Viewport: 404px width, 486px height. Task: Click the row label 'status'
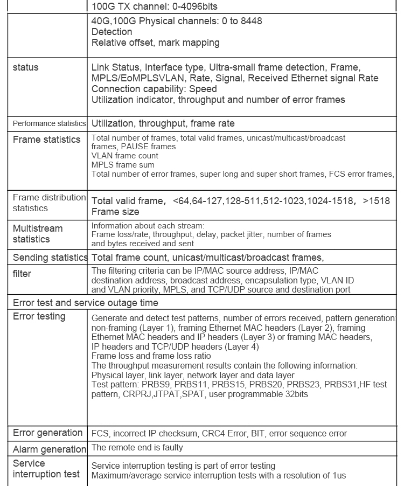pyautogui.click(x=25, y=68)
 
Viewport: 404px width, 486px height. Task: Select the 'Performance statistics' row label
pyautogui.click(x=49, y=123)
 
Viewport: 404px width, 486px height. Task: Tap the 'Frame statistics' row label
pyautogui.click(x=46, y=140)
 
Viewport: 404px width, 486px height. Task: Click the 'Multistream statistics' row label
pyautogui.click(x=38, y=234)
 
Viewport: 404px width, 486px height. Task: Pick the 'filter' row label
pyautogui.click(x=22, y=274)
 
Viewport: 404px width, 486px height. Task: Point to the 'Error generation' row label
pyautogui.click(x=47, y=433)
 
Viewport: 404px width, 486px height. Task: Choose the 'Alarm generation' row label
pyautogui.click(x=49, y=449)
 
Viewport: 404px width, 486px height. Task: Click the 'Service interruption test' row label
pyautogui.click(x=46, y=469)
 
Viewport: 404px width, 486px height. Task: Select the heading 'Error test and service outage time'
pyautogui.click(x=85, y=303)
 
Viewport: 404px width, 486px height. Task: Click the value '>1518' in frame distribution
pyautogui.click(x=376, y=201)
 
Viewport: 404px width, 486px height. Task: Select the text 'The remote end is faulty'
pyautogui.click(x=137, y=447)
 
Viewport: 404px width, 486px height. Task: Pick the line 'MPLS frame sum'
pyautogui.click(x=123, y=165)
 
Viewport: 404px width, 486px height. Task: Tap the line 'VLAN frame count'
pyautogui.click(x=125, y=156)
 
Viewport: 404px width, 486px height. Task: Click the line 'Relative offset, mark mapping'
pyautogui.click(x=156, y=43)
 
